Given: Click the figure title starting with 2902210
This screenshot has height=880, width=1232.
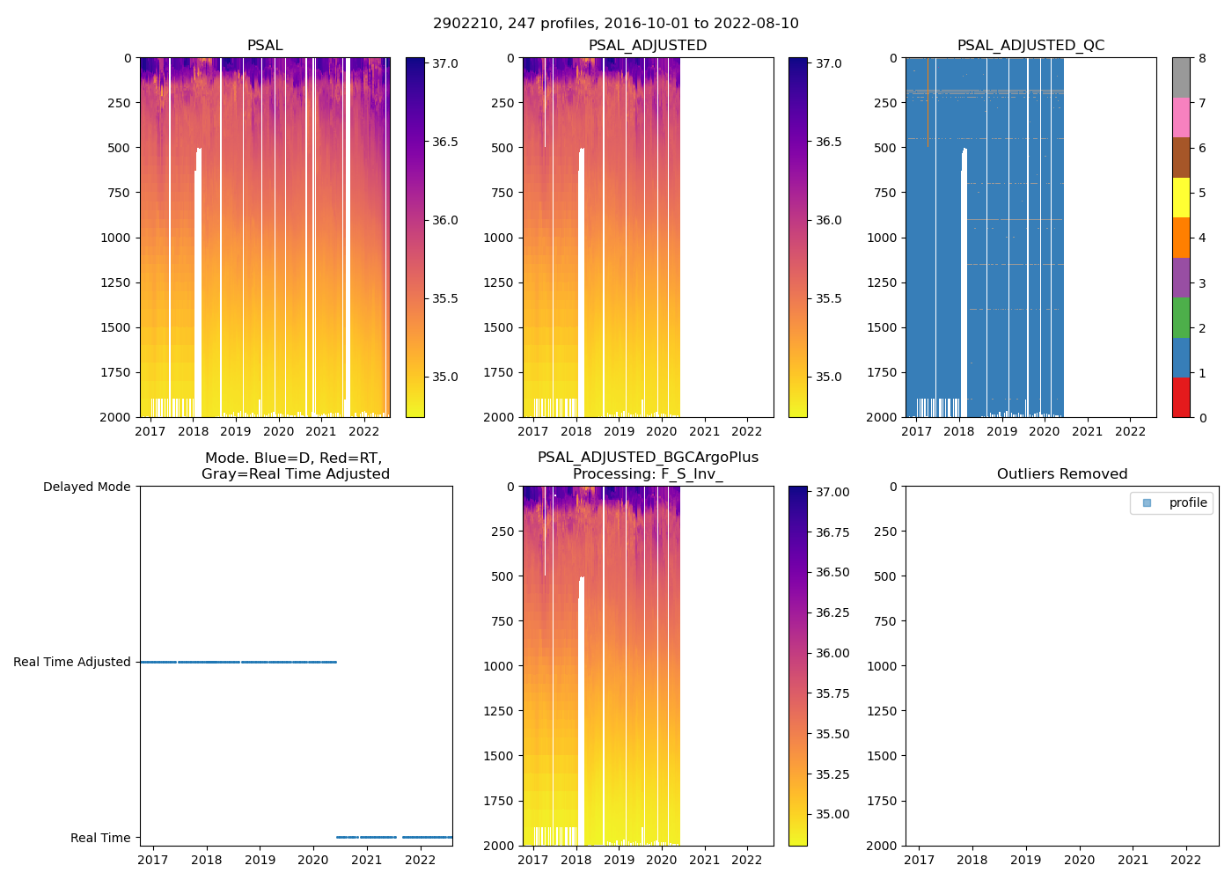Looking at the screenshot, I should point(616,24).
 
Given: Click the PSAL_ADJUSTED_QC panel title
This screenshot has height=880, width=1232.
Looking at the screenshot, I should point(1030,46).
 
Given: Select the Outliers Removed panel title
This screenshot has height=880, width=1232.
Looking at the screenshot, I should point(1062,474).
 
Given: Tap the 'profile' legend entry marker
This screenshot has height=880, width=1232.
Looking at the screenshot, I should point(1147,503).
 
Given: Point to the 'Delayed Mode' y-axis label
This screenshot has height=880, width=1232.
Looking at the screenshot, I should point(86,487).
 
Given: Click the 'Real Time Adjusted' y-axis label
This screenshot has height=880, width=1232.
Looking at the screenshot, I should point(72,662).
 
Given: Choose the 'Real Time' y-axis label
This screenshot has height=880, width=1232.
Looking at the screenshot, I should point(100,838).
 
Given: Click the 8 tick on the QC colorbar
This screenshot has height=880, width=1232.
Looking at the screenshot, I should point(1201,58).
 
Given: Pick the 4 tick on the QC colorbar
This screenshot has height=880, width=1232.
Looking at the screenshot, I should point(1201,238).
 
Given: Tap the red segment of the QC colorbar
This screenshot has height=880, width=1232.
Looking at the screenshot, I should point(1181,397).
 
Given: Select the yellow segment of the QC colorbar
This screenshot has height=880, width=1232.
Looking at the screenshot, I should point(1181,197).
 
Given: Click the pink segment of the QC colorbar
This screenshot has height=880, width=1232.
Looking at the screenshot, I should point(1181,117).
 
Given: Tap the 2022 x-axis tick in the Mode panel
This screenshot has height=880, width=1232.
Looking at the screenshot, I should point(420,860).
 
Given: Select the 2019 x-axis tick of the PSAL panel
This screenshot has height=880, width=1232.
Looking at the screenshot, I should point(235,431).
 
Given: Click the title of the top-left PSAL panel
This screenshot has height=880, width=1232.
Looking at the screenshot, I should point(265,46).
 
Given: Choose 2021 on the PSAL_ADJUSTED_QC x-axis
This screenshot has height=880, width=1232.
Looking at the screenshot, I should point(1088,431).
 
